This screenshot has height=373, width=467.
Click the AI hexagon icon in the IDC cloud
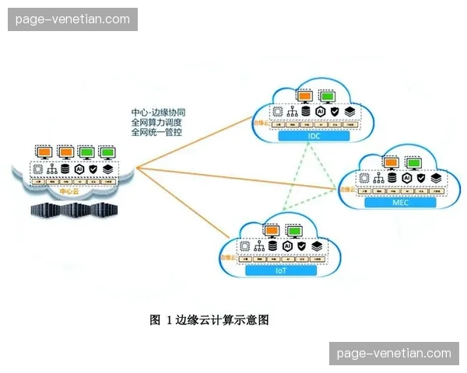point(320,112)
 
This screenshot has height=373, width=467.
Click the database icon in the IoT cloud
point(273,246)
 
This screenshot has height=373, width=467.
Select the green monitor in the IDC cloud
point(328,96)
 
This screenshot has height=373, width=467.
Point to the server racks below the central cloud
point(70,211)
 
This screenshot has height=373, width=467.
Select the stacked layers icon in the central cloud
point(108,169)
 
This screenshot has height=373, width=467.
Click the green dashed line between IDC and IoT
point(296,180)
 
